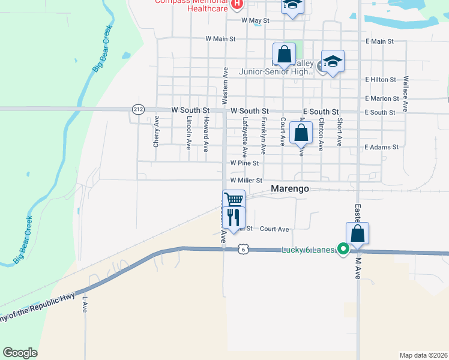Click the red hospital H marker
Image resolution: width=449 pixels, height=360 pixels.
(x=237, y=5)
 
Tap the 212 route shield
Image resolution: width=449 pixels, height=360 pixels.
(x=138, y=109)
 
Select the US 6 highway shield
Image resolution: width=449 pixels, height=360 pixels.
(x=242, y=248)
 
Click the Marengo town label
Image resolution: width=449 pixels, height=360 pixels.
(x=290, y=188)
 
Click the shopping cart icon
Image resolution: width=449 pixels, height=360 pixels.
(x=234, y=199)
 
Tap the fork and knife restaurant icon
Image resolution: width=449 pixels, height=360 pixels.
(x=234, y=217)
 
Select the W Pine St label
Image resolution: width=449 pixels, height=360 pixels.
(x=244, y=163)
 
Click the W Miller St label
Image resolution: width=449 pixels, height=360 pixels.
(x=246, y=180)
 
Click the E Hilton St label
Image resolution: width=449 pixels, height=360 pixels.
(x=381, y=79)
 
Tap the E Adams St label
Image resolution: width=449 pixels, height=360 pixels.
(x=382, y=147)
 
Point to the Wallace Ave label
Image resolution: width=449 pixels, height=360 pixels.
(x=406, y=93)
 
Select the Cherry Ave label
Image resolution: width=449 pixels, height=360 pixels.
(x=156, y=135)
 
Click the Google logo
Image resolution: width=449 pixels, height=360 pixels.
(x=20, y=353)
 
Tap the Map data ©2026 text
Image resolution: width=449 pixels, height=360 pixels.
(x=423, y=355)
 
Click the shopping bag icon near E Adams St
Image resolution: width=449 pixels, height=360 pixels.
(x=301, y=132)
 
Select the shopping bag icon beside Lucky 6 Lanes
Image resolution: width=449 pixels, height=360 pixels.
(x=357, y=233)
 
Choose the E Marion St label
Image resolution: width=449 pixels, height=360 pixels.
(x=382, y=98)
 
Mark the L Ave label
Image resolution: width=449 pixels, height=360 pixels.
(x=85, y=304)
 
